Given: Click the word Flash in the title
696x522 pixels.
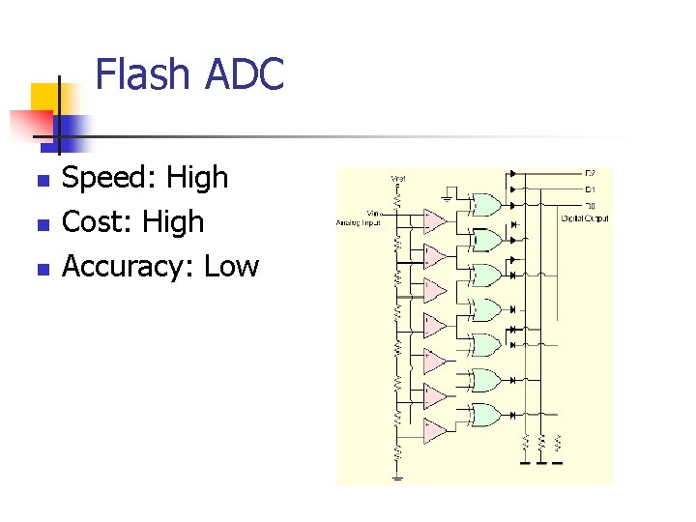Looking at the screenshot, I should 143,74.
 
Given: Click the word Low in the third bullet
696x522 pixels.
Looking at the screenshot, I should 232,266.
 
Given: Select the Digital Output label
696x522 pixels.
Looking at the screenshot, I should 585,218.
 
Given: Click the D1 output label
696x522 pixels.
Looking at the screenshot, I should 589,189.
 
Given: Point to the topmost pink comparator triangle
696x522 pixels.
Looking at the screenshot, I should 434,221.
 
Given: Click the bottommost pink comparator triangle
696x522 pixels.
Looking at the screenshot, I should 434,430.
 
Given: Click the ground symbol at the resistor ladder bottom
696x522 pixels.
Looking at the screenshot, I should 397,477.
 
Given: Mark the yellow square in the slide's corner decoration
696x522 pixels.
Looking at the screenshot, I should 46,97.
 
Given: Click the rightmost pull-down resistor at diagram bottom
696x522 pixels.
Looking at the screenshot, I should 558,444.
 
